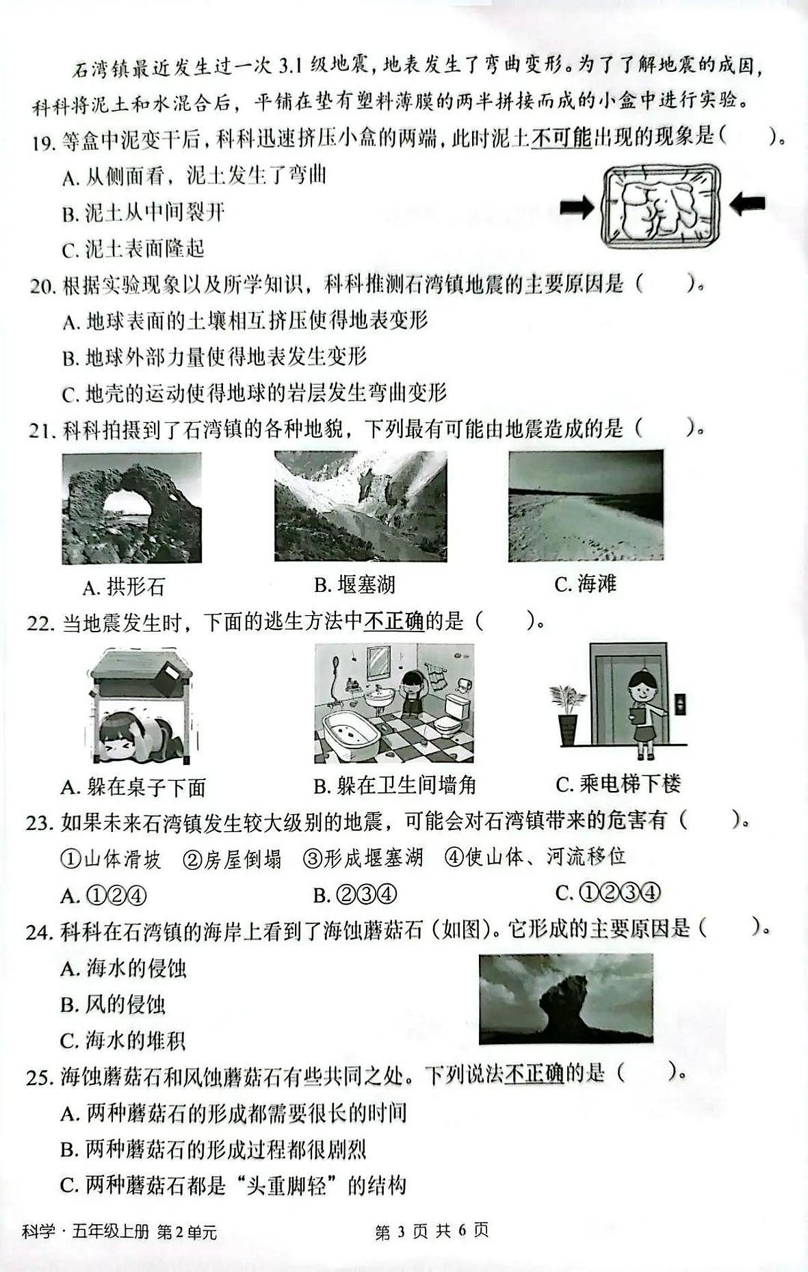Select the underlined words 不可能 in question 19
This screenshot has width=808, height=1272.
pyautogui.click(x=560, y=138)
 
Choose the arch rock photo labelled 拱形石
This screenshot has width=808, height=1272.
pyautogui.click(x=131, y=508)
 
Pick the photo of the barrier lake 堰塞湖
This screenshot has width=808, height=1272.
pyautogui.click(x=361, y=506)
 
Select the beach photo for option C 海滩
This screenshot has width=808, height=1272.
pyautogui.click(x=586, y=506)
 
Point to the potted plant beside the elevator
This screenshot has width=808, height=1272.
pyautogui.click(x=567, y=715)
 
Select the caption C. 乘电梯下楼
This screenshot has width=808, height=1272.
pyautogui.click(x=618, y=784)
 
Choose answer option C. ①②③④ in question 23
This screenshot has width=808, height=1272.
pyautogui.click(x=608, y=893)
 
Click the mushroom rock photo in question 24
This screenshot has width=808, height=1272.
pyautogui.click(x=566, y=998)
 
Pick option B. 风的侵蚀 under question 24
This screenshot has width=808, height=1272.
pyautogui.click(x=113, y=1004)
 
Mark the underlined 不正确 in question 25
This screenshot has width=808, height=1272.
pyautogui.click(x=534, y=1074)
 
